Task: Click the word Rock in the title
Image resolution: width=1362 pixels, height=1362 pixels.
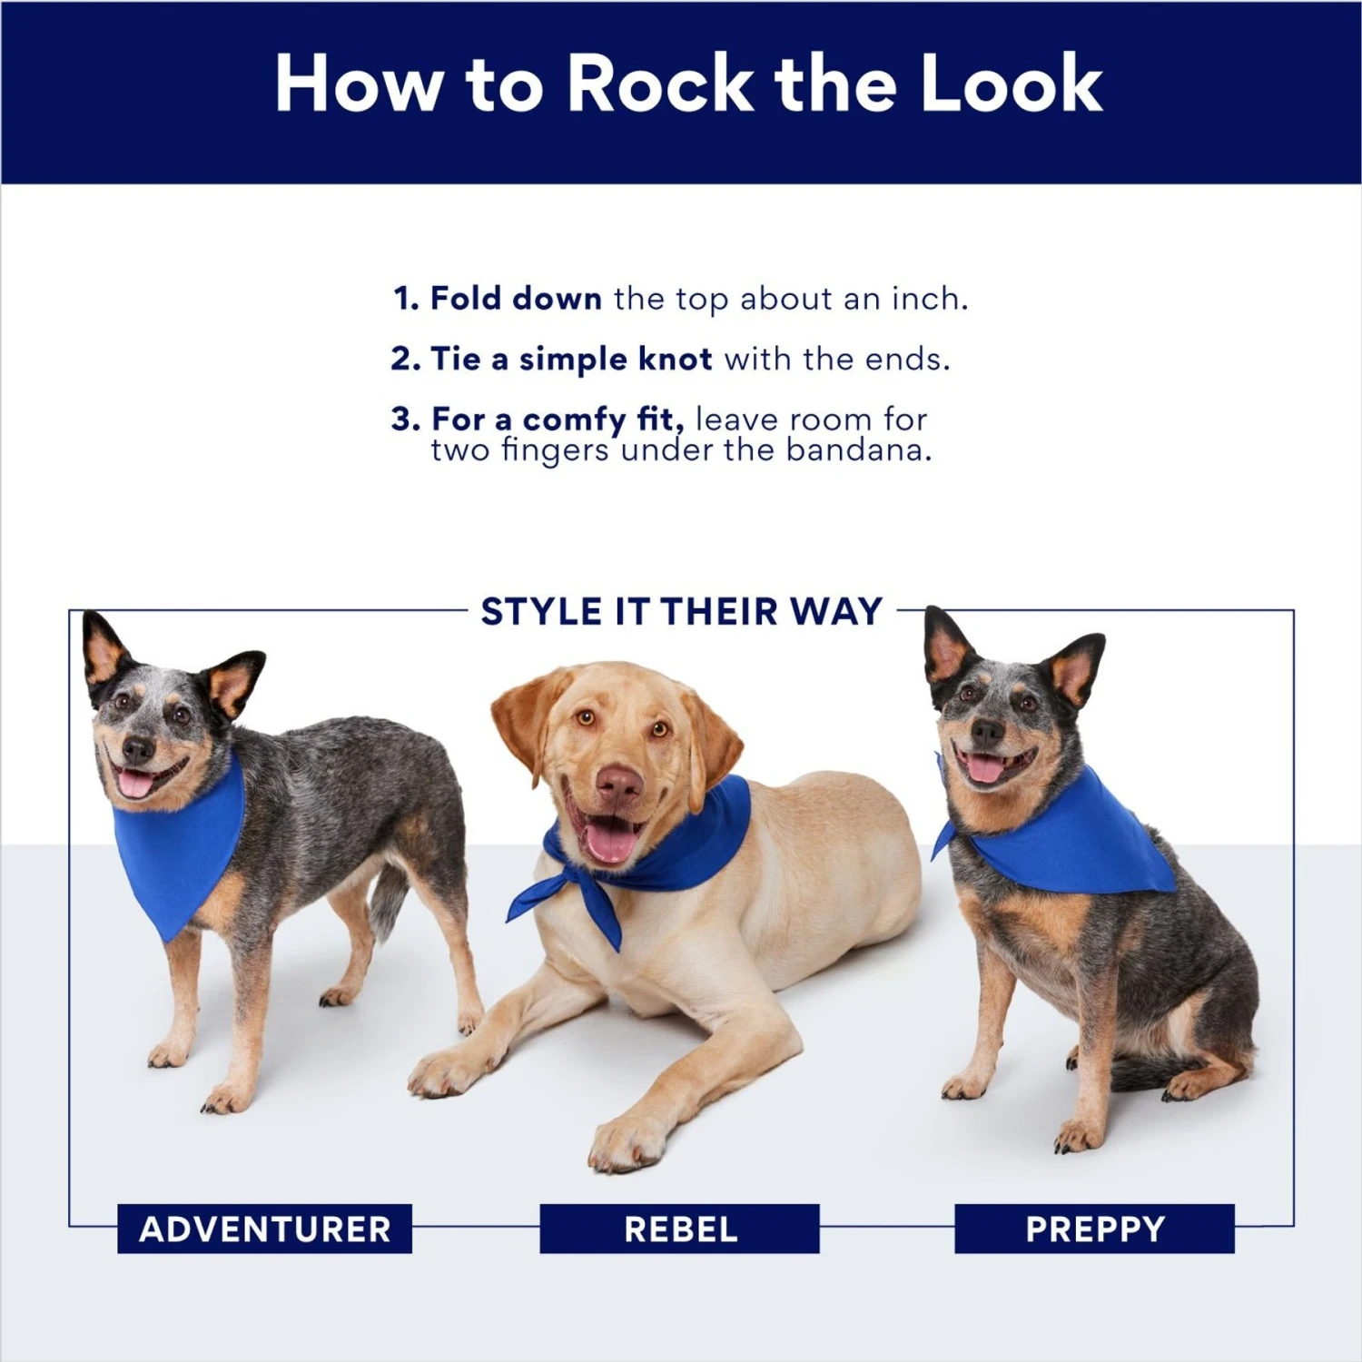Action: coord(660,84)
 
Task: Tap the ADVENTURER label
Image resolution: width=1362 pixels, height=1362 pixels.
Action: coord(264,1229)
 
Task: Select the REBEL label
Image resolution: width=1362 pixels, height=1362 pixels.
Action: coord(680,1229)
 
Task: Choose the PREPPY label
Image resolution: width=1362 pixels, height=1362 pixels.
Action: coord(1094,1229)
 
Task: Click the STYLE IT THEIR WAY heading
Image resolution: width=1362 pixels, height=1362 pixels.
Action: coord(681,612)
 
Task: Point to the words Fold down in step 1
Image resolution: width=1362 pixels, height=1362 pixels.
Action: coord(515,299)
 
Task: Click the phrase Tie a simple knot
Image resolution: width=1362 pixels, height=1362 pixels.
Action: coord(570,360)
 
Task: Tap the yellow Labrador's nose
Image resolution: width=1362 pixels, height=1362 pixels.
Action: coord(619,783)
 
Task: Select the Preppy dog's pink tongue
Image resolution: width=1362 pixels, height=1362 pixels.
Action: coord(986,770)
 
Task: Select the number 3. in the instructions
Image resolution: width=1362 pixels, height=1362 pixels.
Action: coord(406,419)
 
